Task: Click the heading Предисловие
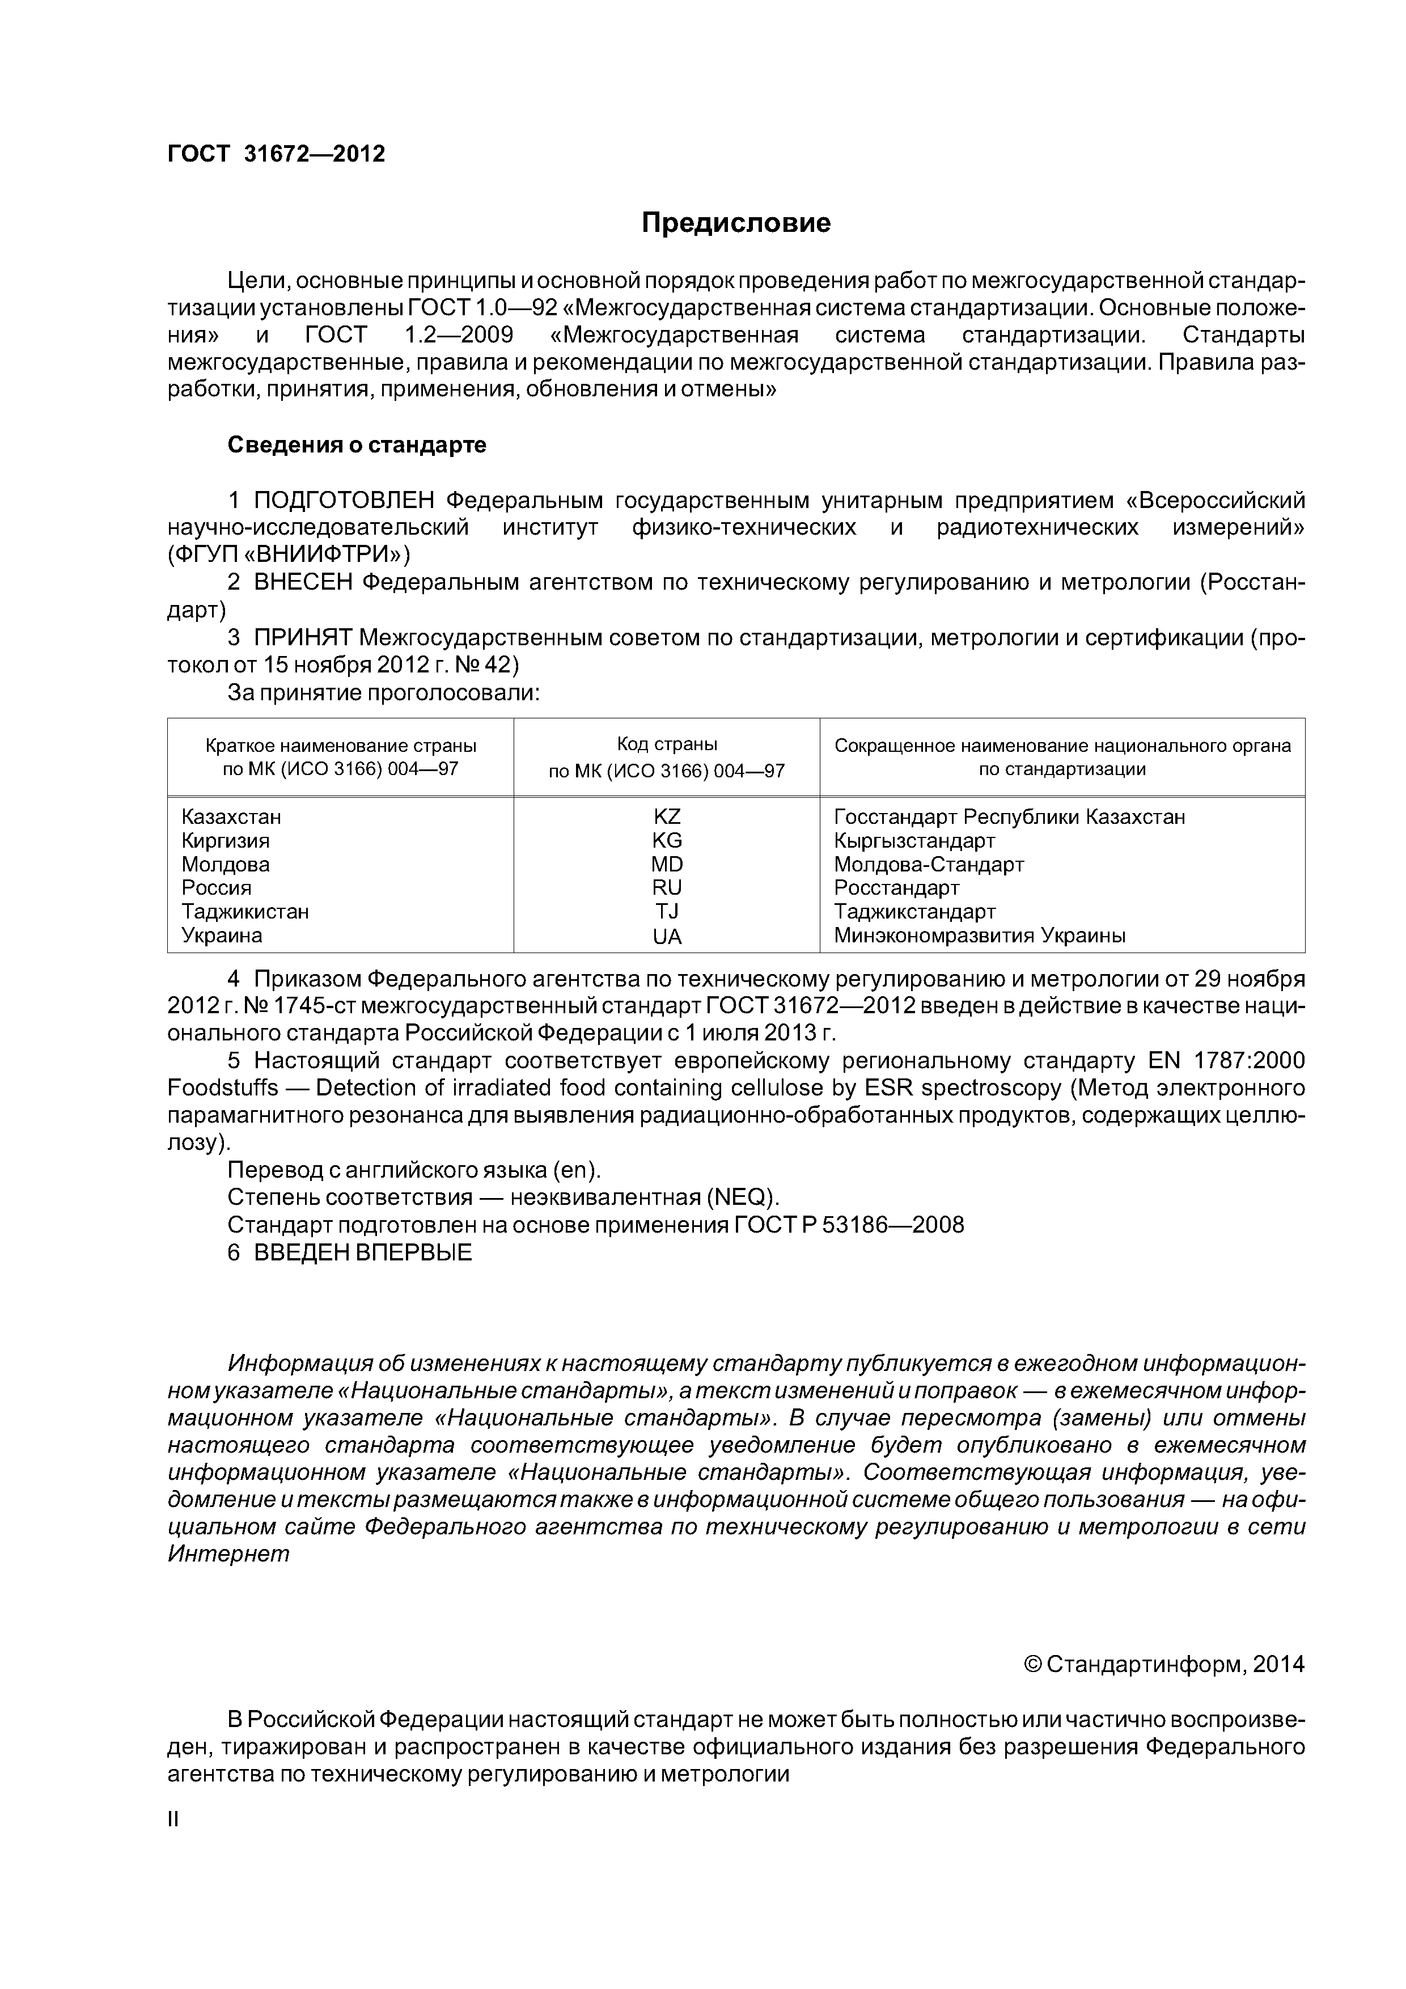click(x=735, y=223)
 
